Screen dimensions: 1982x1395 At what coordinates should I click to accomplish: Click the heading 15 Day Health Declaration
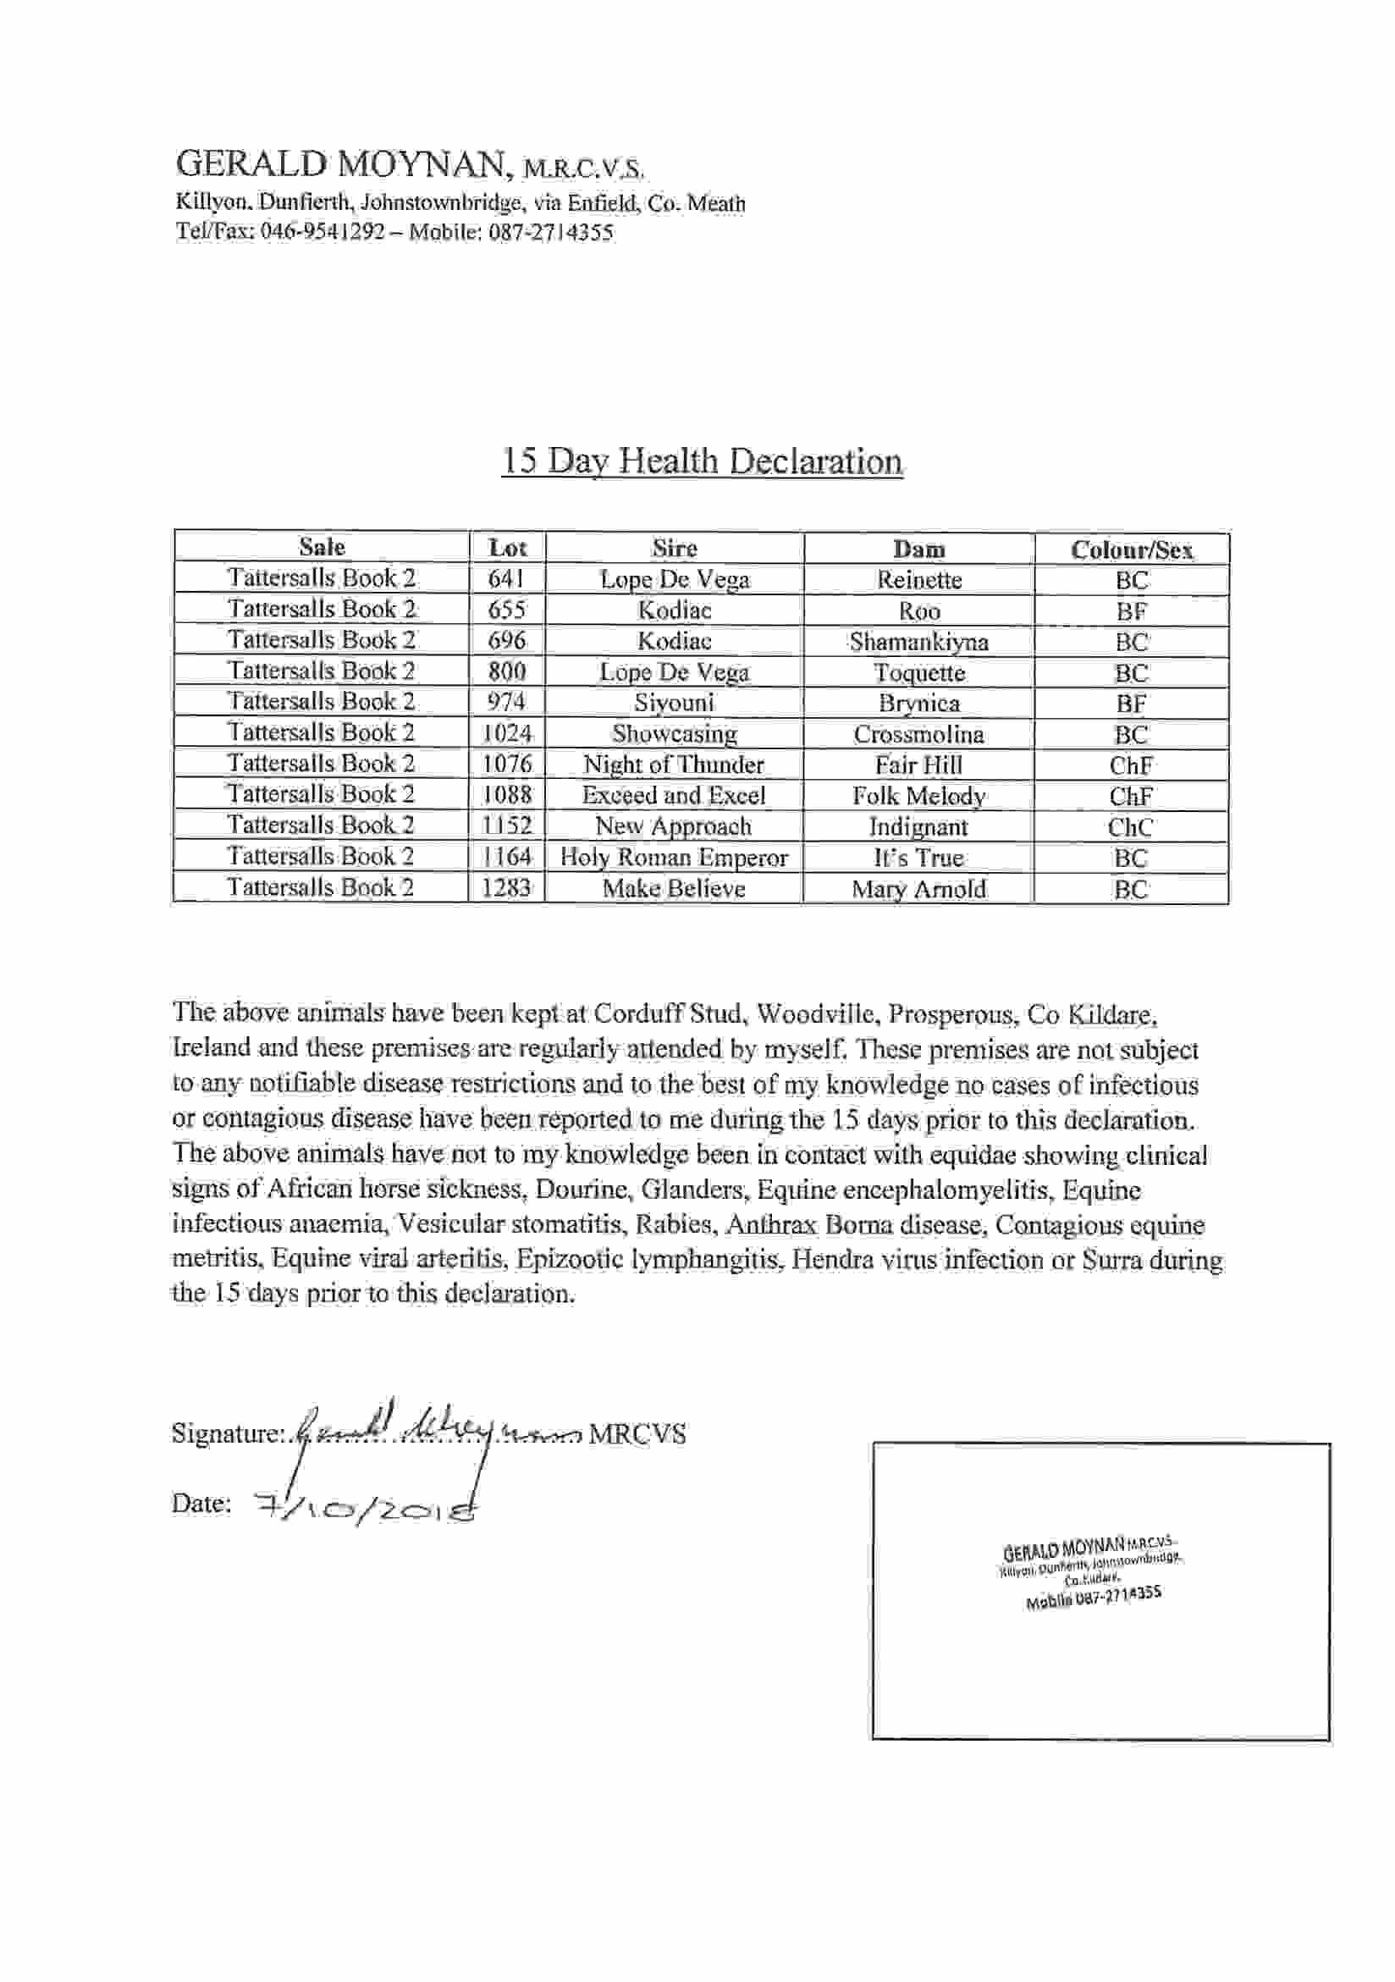point(702,461)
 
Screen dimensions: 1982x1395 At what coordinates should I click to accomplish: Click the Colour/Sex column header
point(1131,549)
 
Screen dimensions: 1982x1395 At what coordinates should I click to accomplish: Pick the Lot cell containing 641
point(507,579)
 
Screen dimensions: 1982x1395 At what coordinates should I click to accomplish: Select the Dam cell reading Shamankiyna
point(918,642)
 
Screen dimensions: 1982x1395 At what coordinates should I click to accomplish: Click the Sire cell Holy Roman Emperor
point(673,857)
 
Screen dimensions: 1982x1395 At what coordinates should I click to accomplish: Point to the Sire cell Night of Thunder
point(673,765)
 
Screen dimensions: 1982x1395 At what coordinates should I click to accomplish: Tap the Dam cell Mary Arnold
point(918,889)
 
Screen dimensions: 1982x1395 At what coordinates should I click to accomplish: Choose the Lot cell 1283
point(507,888)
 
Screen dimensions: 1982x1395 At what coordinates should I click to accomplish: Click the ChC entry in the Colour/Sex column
point(1130,828)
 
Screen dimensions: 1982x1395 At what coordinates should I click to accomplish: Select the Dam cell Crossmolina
point(918,735)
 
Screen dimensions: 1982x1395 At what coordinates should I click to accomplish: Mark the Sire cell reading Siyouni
point(673,703)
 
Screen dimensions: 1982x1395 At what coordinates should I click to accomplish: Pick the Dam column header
point(918,549)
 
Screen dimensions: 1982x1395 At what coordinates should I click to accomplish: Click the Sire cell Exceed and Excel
point(673,795)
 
